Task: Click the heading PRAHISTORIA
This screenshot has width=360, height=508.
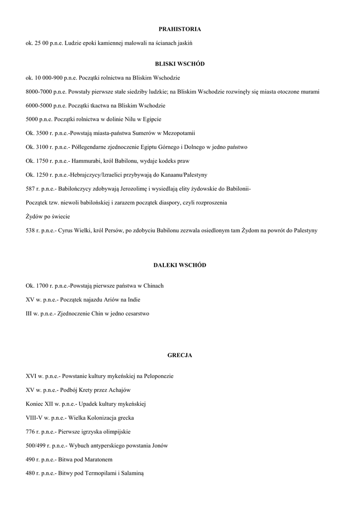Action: coord(180,29)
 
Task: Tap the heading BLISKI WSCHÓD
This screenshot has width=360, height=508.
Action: coord(180,64)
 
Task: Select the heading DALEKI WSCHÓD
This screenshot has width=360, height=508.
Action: coord(180,265)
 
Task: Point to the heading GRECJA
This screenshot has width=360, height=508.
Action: coord(180,355)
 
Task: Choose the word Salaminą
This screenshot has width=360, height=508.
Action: coord(131,473)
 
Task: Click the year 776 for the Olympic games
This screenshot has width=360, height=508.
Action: coord(30,432)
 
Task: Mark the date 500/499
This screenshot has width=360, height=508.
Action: coord(36,445)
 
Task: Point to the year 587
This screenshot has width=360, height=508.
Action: coord(30,189)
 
